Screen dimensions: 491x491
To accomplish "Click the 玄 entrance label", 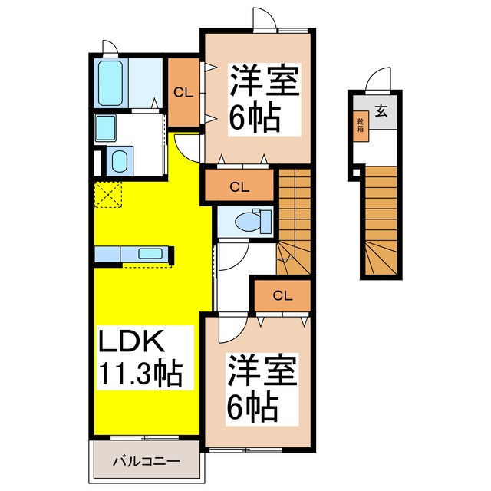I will [x=381, y=109].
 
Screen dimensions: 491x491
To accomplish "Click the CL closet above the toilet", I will [x=239, y=186].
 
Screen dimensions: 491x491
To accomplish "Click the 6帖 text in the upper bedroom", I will [x=254, y=117].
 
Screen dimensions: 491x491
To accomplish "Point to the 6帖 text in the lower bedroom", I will [x=251, y=407].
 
